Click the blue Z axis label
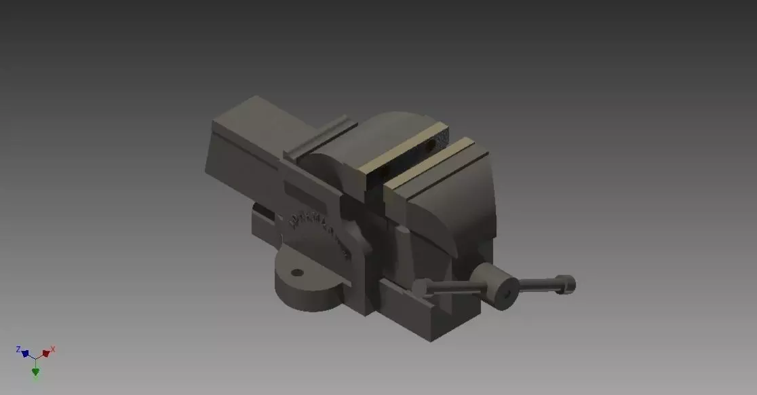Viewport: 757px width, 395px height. pyautogui.click(x=18, y=349)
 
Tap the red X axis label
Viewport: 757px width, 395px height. pyautogui.click(x=53, y=349)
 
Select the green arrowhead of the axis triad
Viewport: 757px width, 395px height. pyautogui.click(x=35, y=371)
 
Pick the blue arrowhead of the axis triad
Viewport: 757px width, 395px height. pyautogui.click(x=25, y=354)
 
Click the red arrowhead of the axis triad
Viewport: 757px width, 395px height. pyautogui.click(x=45, y=354)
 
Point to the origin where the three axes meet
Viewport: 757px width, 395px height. pyautogui.click(x=35, y=358)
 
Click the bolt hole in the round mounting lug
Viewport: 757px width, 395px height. pyautogui.click(x=296, y=273)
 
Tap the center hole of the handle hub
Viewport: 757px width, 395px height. pyautogui.click(x=506, y=295)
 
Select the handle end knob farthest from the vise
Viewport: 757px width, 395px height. pyautogui.click(x=566, y=284)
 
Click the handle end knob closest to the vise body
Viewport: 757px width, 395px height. pyautogui.click(x=422, y=287)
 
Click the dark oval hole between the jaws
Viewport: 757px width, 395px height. pyautogui.click(x=432, y=144)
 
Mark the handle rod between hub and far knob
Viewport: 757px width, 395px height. pyautogui.click(x=537, y=284)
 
